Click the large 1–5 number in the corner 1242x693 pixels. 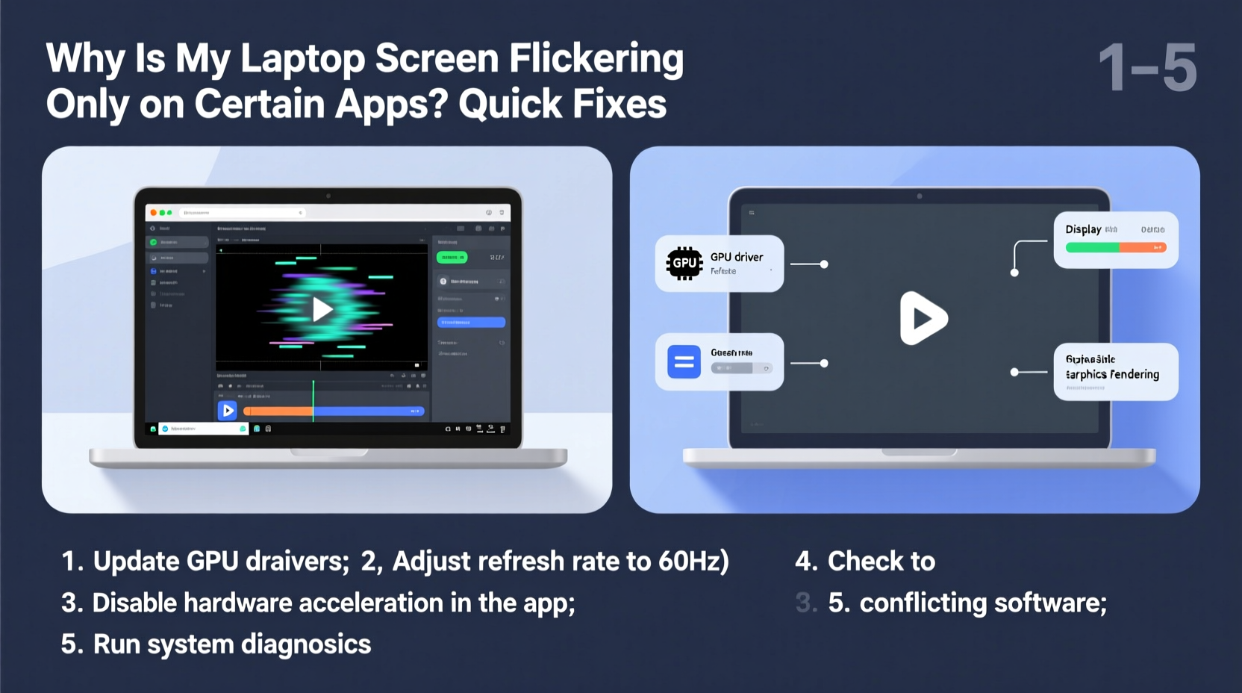point(1148,68)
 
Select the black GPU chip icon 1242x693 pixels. point(684,263)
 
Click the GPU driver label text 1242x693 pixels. point(737,257)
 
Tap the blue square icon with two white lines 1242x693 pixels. point(684,362)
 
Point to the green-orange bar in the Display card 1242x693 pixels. point(1116,247)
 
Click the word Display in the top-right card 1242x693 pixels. point(1083,229)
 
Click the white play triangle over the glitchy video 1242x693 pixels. point(322,309)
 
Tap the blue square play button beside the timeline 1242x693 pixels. point(227,410)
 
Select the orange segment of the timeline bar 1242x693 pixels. point(278,411)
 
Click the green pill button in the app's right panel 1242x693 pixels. point(452,257)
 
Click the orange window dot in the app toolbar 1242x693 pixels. point(154,213)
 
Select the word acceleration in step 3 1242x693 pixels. point(371,603)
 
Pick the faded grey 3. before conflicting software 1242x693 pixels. point(805,603)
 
